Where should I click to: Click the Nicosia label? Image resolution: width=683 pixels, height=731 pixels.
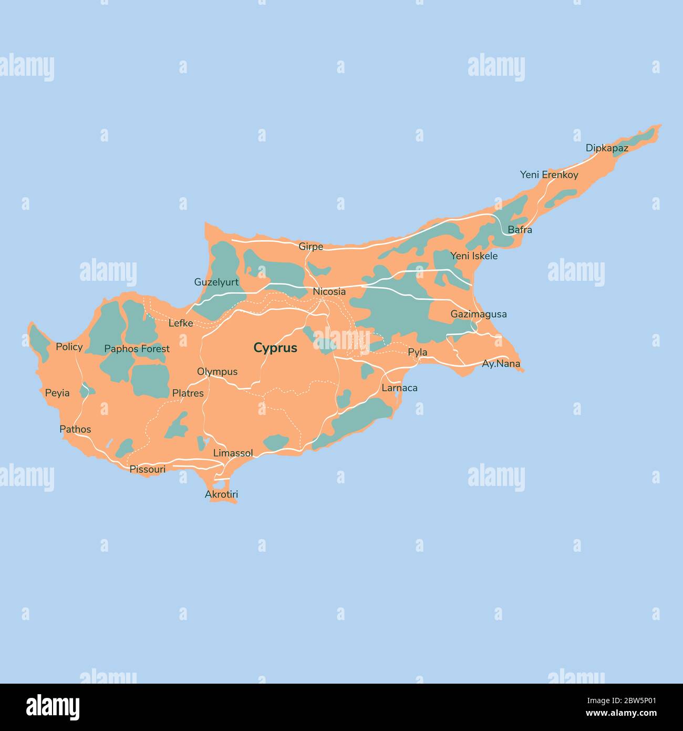pyautogui.click(x=329, y=291)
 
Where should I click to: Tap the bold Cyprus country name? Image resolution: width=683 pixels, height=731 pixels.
pyautogui.click(x=275, y=348)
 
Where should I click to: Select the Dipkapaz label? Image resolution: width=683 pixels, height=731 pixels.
pyautogui.click(x=607, y=148)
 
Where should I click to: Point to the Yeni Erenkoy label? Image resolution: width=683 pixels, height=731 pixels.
pyautogui.click(x=549, y=175)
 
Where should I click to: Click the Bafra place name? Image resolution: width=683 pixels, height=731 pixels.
pyautogui.click(x=520, y=230)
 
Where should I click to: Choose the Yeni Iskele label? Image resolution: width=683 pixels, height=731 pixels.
pyautogui.click(x=474, y=256)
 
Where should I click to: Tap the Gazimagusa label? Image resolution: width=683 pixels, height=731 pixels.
pyautogui.click(x=479, y=314)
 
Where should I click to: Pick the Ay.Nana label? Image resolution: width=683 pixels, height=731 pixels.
pyautogui.click(x=501, y=363)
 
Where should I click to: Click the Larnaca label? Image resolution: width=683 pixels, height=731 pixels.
pyautogui.click(x=399, y=388)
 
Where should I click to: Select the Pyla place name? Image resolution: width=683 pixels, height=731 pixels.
pyautogui.click(x=418, y=352)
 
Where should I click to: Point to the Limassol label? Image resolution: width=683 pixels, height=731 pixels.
pyautogui.click(x=233, y=453)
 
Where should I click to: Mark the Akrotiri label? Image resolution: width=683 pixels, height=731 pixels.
pyautogui.click(x=221, y=494)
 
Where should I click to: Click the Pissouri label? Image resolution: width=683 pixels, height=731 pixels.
pyautogui.click(x=148, y=469)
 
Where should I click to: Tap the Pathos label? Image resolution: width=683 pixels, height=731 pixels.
pyautogui.click(x=75, y=429)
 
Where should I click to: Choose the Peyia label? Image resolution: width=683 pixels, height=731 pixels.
pyautogui.click(x=57, y=393)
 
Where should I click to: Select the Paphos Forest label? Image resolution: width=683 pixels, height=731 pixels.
pyautogui.click(x=137, y=349)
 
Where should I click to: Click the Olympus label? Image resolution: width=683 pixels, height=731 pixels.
pyautogui.click(x=217, y=372)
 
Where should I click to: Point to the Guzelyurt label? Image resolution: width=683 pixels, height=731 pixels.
pyautogui.click(x=216, y=282)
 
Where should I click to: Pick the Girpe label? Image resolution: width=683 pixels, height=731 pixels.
pyautogui.click(x=311, y=247)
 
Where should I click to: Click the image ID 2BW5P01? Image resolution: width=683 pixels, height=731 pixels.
pyautogui.click(x=634, y=700)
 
